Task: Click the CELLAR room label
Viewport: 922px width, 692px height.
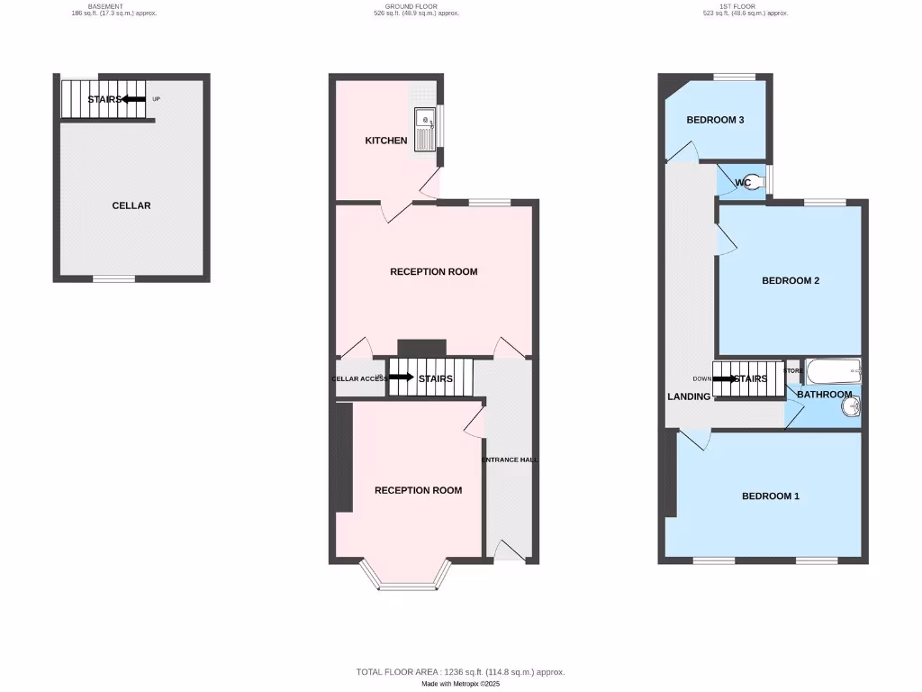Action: pyautogui.click(x=131, y=205)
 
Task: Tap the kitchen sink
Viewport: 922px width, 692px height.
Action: pyautogui.click(x=424, y=127)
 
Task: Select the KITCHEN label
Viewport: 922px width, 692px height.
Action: pyautogui.click(x=386, y=141)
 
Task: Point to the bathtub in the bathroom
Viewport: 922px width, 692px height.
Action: pyautogui.click(x=833, y=370)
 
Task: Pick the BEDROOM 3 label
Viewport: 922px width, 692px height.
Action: pyautogui.click(x=715, y=120)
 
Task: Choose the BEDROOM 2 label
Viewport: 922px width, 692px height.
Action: pyautogui.click(x=791, y=280)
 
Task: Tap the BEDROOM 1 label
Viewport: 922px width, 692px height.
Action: pyautogui.click(x=771, y=496)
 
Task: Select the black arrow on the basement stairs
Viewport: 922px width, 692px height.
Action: pyautogui.click(x=134, y=99)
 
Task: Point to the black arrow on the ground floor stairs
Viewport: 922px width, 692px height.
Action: pyautogui.click(x=401, y=378)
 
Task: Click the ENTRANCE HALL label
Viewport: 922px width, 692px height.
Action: pyautogui.click(x=510, y=460)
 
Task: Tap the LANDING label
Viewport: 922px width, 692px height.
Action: pyautogui.click(x=689, y=396)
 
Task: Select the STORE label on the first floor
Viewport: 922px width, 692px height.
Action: pyautogui.click(x=793, y=370)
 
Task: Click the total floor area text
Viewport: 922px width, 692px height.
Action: pyautogui.click(x=461, y=672)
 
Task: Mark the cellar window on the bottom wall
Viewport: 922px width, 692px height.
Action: pyautogui.click(x=114, y=278)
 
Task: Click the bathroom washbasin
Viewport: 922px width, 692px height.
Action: pyautogui.click(x=850, y=408)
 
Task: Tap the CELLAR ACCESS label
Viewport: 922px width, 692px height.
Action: pyautogui.click(x=359, y=379)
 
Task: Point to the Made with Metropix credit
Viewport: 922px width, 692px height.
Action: pyautogui.click(x=461, y=684)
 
